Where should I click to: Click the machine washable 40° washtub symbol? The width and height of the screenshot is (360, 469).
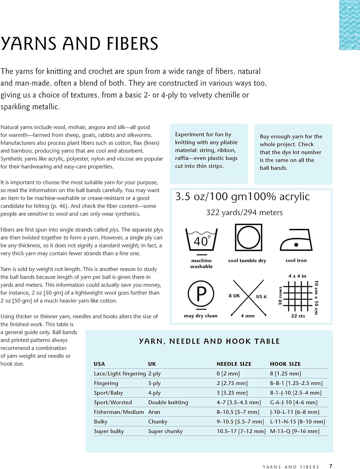[201, 240]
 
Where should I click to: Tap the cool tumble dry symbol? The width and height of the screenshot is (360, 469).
[248, 238]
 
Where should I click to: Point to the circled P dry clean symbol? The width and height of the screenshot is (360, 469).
[201, 294]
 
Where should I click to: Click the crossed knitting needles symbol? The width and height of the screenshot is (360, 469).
[248, 297]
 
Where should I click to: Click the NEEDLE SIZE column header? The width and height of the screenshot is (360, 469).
[234, 364]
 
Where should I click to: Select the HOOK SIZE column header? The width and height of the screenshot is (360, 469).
[285, 364]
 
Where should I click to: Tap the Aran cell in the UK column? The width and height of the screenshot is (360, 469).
[154, 412]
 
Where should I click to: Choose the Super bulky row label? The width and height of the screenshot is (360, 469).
[109, 431]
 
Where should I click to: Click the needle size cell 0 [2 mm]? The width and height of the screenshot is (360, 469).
[228, 374]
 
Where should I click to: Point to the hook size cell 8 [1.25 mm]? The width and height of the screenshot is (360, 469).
[286, 374]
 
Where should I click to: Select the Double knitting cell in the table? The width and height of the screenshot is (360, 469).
[168, 402]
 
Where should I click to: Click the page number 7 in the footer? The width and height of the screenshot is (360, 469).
[331, 466]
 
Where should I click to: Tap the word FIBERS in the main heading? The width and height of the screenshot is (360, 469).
[133, 43]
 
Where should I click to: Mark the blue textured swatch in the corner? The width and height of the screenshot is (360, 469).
[349, 25]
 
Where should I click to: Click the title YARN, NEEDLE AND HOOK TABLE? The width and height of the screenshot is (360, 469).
[209, 341]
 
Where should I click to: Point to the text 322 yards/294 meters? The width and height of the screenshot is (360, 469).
[244, 213]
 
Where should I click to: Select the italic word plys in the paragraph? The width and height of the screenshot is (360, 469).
[114, 230]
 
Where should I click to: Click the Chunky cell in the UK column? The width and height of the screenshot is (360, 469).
[158, 422]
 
